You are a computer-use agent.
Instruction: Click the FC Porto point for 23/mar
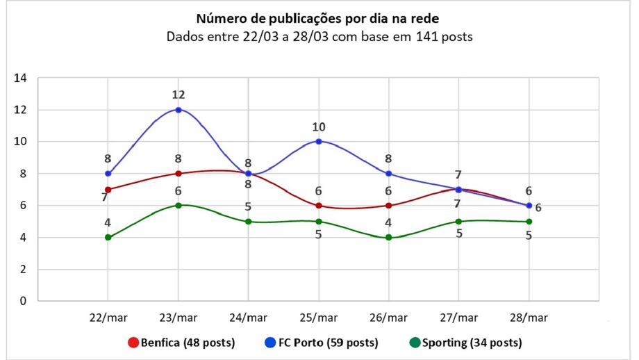pyautogui.click(x=179, y=110)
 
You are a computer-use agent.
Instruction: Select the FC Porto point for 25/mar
pyautogui.click(x=319, y=141)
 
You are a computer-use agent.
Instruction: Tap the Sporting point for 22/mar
pyautogui.click(x=108, y=237)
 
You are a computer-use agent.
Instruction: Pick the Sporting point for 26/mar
pyautogui.click(x=389, y=237)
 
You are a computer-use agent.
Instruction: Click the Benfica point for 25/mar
pyautogui.click(x=319, y=206)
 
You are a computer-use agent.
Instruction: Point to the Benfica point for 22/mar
pyautogui.click(x=108, y=189)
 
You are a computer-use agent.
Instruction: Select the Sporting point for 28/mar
pyautogui.click(x=529, y=222)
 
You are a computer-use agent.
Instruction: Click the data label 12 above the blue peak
pyautogui.click(x=179, y=95)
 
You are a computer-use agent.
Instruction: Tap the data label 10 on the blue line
pyautogui.click(x=319, y=127)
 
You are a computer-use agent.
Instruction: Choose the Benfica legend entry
pyautogui.click(x=181, y=342)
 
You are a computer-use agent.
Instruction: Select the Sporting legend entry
pyautogui.click(x=465, y=342)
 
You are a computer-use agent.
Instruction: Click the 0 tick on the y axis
pyautogui.click(x=23, y=301)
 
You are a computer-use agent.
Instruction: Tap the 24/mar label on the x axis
pyautogui.click(x=249, y=318)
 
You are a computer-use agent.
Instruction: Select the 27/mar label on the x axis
pyautogui.click(x=459, y=318)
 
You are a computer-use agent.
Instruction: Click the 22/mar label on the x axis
pyautogui.click(x=108, y=318)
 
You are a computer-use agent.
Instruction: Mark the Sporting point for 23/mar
pyautogui.click(x=179, y=205)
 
